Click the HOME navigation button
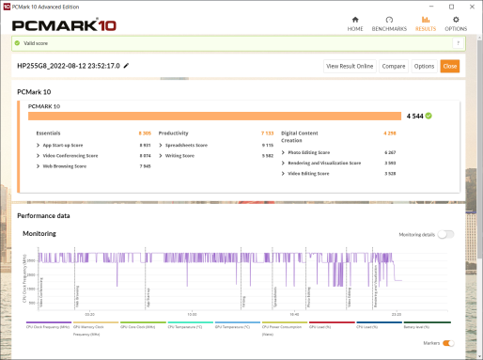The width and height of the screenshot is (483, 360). (355, 23)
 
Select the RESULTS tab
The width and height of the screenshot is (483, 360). (425, 23)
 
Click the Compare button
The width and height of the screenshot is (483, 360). (394, 66)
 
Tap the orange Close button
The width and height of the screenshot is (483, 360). (450, 66)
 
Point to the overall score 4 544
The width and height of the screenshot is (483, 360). (414, 116)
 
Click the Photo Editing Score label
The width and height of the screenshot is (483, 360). (311, 152)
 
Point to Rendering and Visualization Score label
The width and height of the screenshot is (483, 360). (324, 163)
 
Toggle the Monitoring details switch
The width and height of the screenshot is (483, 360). (445, 234)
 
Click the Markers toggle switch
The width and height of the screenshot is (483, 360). (448, 343)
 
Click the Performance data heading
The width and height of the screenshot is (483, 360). (44, 216)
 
